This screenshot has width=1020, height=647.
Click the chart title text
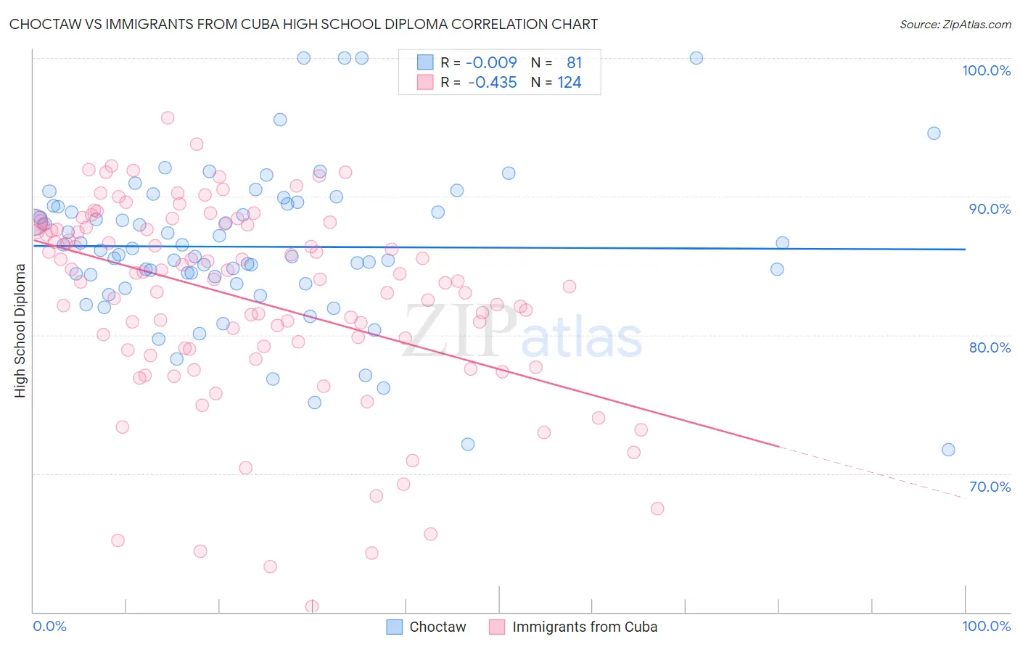coord(303,24)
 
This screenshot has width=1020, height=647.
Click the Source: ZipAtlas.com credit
coord(955,24)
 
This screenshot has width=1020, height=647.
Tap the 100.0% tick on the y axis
coord(986,70)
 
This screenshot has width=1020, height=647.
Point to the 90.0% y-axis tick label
coord(990,209)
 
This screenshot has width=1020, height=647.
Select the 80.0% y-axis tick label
coord(990,347)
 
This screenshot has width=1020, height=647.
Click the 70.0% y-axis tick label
coord(990,487)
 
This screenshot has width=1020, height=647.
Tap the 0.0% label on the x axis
coord(49,626)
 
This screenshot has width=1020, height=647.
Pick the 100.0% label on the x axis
coord(986,626)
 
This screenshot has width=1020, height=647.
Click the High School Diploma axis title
coord(20,330)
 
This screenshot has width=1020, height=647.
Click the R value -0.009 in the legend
coord(491,62)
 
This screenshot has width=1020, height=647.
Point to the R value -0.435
coord(492,83)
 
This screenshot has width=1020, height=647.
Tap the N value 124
coord(569,83)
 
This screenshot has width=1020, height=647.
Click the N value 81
coord(574,62)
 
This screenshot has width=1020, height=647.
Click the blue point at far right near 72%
coord(948,450)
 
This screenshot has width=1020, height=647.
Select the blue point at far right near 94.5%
coord(934,133)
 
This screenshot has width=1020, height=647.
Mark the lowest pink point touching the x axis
coord(312,606)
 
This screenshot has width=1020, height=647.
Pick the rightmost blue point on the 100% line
coord(696,58)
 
